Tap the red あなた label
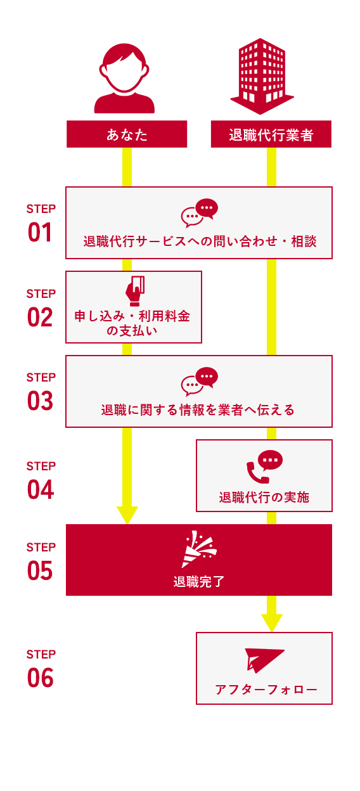click(127, 134)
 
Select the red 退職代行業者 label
click(271, 134)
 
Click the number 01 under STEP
click(41, 233)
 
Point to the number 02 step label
click(41, 317)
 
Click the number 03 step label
click(41, 401)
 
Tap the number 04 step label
click(41, 490)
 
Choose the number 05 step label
click(41, 570)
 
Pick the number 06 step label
click(41, 678)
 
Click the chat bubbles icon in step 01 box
click(199, 213)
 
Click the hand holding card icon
click(134, 291)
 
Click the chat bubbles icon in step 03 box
click(199, 382)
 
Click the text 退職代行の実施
click(264, 497)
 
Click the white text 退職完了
click(199, 581)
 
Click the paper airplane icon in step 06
click(264, 660)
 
